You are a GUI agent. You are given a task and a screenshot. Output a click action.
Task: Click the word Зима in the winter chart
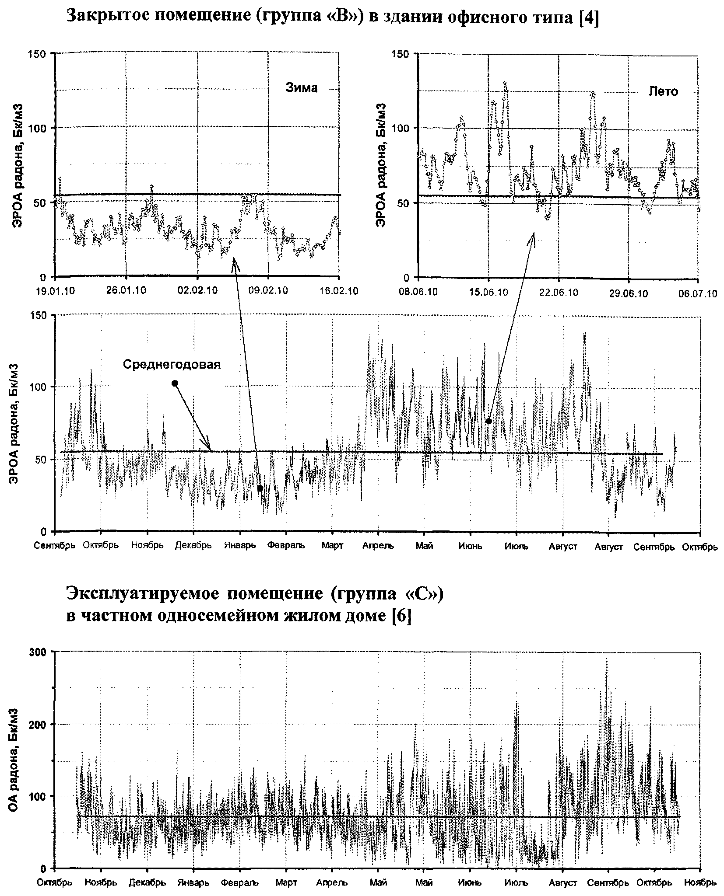[301, 88]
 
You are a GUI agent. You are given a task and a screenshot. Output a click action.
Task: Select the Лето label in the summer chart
[663, 91]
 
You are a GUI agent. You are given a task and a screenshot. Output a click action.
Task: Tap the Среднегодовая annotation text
[172, 364]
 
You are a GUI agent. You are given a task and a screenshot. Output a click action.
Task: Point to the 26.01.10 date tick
[126, 291]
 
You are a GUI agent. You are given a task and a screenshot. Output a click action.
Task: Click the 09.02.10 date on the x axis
[268, 291]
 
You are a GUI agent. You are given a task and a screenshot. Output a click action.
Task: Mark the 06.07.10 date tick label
[698, 293]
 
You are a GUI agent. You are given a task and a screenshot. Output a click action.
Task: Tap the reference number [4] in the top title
[588, 20]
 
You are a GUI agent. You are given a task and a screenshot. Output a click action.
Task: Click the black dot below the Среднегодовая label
[175, 383]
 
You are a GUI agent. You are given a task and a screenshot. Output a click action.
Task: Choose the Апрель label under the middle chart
[378, 546]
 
